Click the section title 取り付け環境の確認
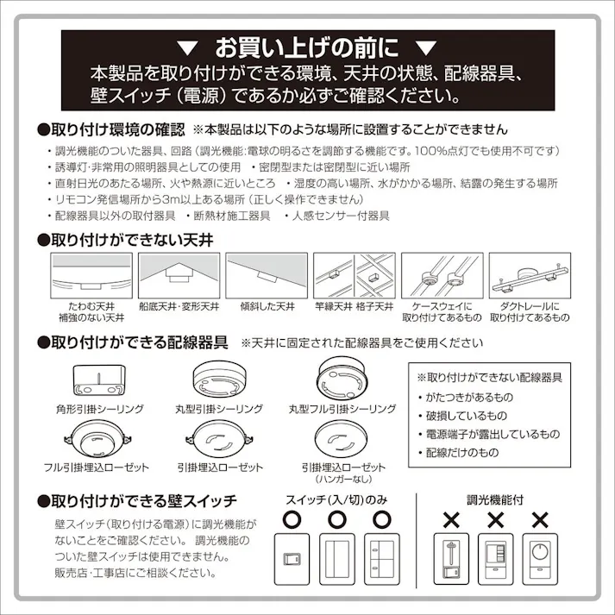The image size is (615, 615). click(x=111, y=130)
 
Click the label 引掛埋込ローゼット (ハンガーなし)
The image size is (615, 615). click(x=342, y=472)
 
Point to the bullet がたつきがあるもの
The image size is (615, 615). click(x=468, y=397)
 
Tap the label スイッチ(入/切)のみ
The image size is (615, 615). click(x=336, y=500)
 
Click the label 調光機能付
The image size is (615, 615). click(x=495, y=499)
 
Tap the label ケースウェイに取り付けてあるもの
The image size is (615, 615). click(x=441, y=311)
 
